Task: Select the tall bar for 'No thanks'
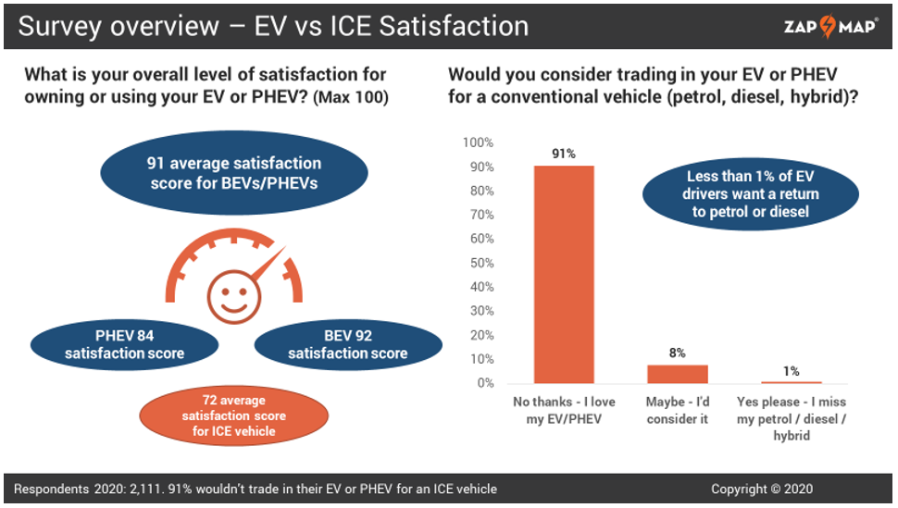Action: point(564,274)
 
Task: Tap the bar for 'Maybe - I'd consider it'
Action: point(677,374)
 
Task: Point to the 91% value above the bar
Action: point(564,154)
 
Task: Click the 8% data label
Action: point(677,353)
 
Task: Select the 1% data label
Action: point(791,370)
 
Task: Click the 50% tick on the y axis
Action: point(481,263)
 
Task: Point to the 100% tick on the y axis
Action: point(479,142)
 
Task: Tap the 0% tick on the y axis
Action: point(484,383)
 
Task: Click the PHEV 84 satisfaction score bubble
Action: point(124,344)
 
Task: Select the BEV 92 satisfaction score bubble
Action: point(347,344)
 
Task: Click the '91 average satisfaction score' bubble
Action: point(233,173)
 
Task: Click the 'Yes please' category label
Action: point(791,418)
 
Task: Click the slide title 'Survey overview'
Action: point(129,25)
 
